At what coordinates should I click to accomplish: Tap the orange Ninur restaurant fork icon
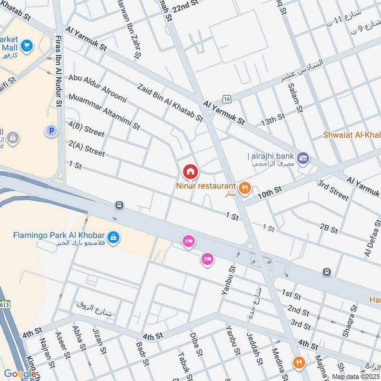pos(245,188)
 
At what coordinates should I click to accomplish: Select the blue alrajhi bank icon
pos(303,157)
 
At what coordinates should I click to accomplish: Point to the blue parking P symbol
pos(51,130)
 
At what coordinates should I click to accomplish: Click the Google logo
pos(20,374)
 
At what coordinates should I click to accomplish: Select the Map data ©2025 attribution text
pos(355,376)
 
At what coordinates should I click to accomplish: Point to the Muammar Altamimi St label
pos(104,112)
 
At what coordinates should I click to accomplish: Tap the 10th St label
pos(270,191)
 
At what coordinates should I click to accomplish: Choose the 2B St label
pos(329,228)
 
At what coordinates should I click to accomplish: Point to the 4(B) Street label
pos(86,129)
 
